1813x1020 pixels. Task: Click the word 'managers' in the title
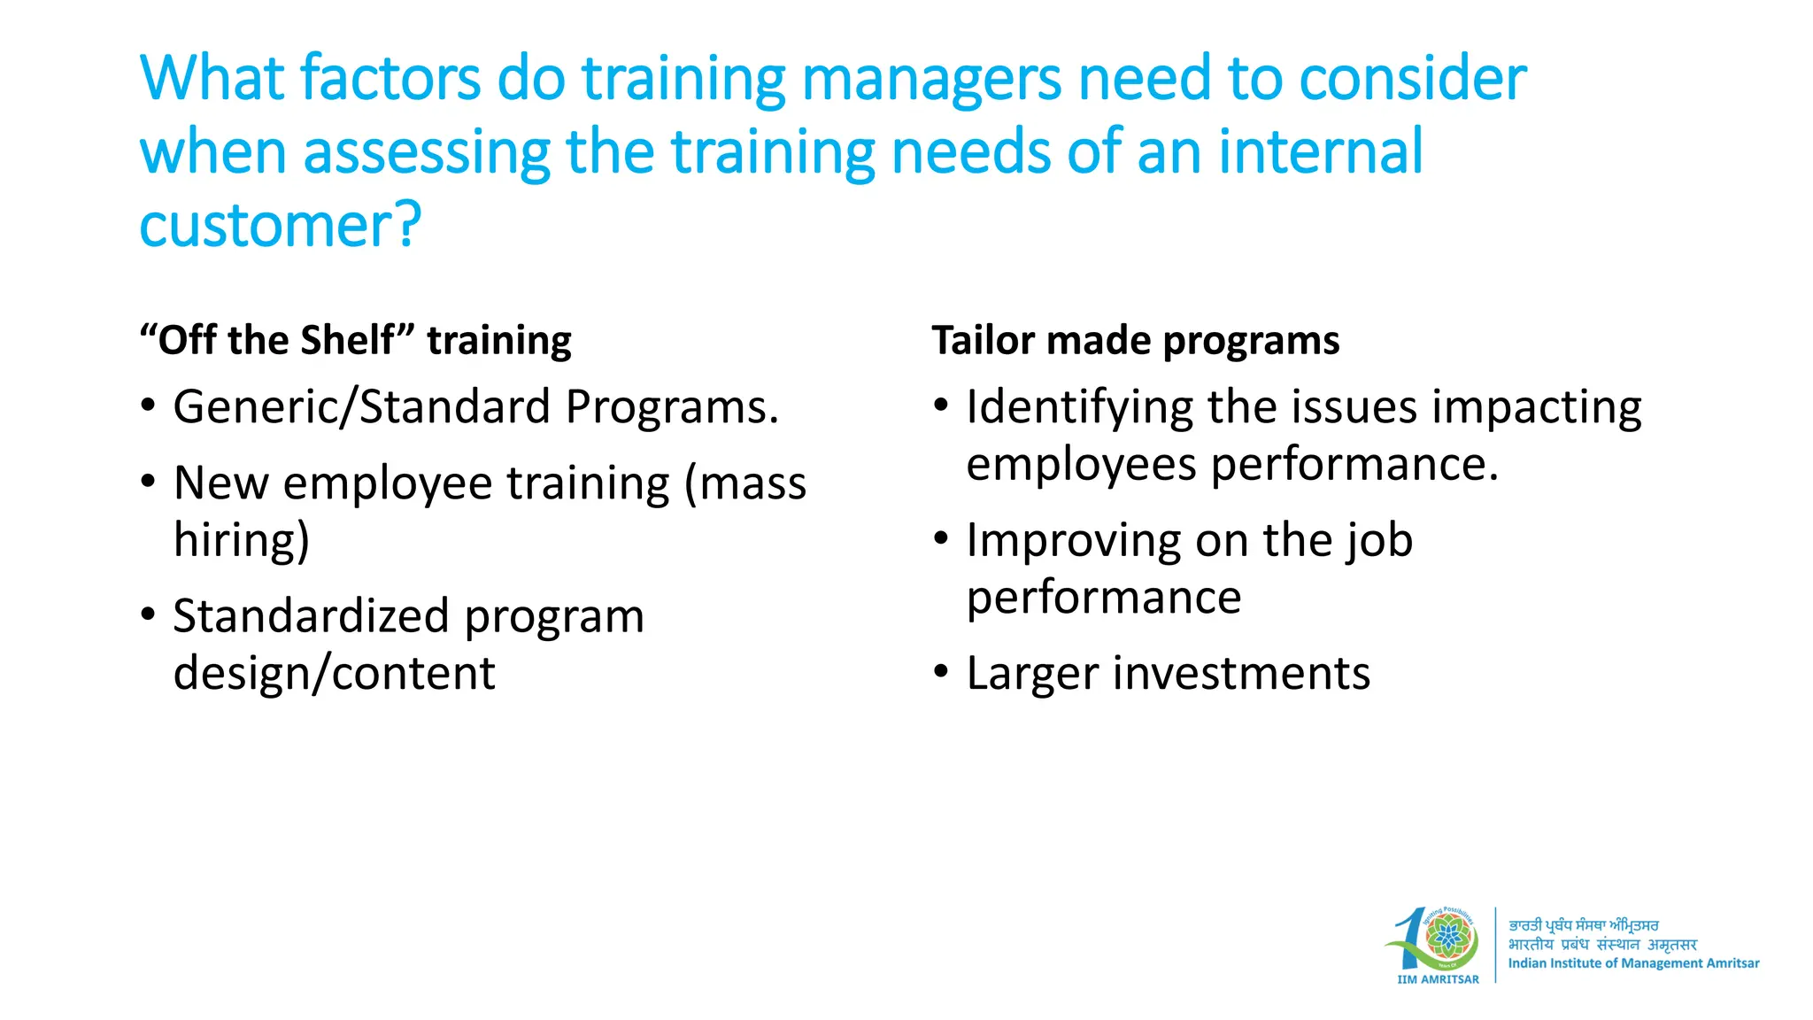(x=930, y=80)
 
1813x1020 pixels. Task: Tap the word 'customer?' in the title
(x=280, y=226)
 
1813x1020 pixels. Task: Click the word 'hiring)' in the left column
(x=242, y=541)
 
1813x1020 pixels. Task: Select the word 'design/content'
(x=334, y=674)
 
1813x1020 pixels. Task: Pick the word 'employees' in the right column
(x=1081, y=465)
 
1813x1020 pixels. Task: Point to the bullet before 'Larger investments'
(x=941, y=672)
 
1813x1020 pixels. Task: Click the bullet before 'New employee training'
(x=148, y=483)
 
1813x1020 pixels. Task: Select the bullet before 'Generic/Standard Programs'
(x=148, y=406)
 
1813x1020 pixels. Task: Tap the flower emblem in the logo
(x=1448, y=937)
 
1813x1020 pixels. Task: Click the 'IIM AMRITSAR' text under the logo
(x=1438, y=979)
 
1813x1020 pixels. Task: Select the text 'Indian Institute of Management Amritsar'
(x=1633, y=963)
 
